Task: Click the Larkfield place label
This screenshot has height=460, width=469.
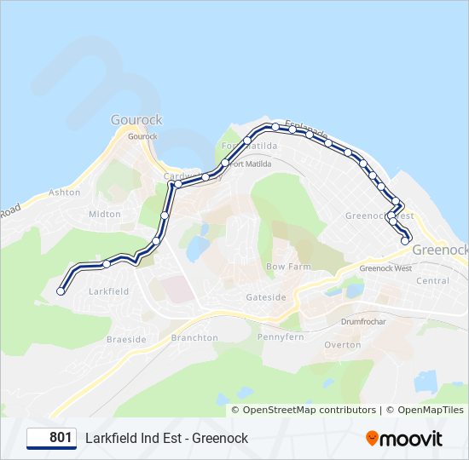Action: tap(108, 291)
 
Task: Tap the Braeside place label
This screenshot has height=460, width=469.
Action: tap(127, 339)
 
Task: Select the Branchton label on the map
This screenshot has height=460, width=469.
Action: tap(194, 337)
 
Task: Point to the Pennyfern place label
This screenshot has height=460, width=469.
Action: tap(281, 337)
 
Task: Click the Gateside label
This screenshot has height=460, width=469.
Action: tap(266, 297)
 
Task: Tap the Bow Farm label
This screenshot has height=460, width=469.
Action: tap(288, 267)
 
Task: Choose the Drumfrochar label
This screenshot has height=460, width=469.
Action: tap(363, 322)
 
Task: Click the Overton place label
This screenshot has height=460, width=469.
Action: tap(342, 345)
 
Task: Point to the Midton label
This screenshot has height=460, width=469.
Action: tap(105, 215)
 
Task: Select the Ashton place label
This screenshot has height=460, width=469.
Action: tap(64, 193)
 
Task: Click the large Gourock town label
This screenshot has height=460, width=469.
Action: tap(136, 120)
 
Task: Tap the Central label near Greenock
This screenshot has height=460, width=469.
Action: tap(432, 280)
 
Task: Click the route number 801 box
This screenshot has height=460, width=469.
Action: tap(52, 438)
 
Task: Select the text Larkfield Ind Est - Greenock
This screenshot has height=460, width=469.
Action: tap(166, 438)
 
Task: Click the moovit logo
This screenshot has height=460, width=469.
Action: tap(404, 439)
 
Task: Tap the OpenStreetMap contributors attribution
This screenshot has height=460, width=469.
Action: tap(309, 410)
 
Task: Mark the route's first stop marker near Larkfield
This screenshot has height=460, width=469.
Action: tap(60, 291)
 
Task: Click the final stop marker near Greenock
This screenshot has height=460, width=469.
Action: tap(405, 241)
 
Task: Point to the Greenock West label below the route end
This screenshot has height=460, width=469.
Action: tap(385, 268)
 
